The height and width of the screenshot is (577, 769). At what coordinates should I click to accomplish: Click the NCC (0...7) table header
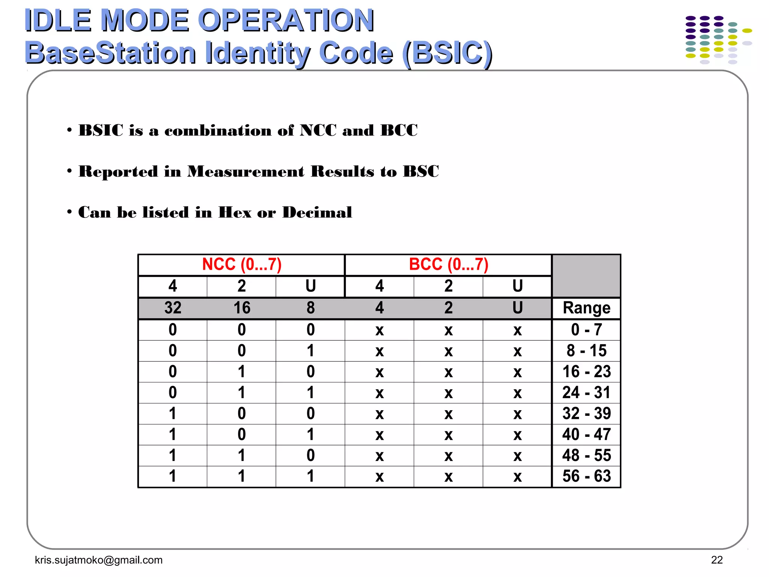[241, 264]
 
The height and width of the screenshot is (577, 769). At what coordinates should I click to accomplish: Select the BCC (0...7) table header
[448, 264]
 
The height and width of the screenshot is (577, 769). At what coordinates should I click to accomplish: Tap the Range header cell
[587, 308]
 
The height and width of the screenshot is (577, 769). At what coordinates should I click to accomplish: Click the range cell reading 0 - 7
[587, 330]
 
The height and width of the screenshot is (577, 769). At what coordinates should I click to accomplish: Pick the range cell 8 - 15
[587, 351]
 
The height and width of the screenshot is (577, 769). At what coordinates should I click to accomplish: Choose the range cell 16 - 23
[587, 372]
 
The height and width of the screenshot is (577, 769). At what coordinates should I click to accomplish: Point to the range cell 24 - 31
[587, 393]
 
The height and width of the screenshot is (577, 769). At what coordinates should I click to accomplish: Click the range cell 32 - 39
[587, 414]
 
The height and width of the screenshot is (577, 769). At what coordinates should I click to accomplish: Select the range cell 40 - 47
[587, 435]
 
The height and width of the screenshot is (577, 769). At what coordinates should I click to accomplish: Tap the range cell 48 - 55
[587, 455]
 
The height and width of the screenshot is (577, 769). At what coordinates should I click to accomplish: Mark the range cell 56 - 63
[587, 476]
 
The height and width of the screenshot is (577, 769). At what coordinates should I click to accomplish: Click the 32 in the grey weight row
[173, 308]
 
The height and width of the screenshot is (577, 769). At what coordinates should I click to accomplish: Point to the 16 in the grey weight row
[242, 308]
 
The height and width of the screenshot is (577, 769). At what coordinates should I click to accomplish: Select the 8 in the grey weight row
[311, 308]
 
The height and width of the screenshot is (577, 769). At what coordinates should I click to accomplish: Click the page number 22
[717, 560]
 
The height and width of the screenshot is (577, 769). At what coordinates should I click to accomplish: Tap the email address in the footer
[99, 560]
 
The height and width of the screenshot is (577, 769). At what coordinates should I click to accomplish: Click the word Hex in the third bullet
[235, 213]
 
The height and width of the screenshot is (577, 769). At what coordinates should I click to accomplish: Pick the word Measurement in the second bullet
[246, 172]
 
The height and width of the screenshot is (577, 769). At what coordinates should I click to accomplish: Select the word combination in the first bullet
[218, 131]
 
